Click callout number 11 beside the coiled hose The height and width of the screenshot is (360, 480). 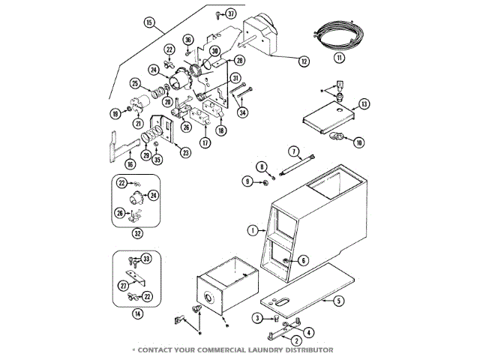[x=339, y=58]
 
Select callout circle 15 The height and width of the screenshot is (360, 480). [x=149, y=23]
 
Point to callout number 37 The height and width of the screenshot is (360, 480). [x=231, y=14]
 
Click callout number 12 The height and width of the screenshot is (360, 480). [x=304, y=61]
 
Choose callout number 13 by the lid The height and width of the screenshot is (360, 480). [x=364, y=103]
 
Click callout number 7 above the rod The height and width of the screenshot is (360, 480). [x=294, y=151]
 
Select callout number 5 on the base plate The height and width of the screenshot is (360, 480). [x=338, y=301]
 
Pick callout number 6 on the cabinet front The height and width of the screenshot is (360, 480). [x=304, y=260]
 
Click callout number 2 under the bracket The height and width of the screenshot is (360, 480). [x=276, y=340]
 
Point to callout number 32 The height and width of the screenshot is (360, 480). [x=138, y=232]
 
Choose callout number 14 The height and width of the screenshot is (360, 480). [x=137, y=313]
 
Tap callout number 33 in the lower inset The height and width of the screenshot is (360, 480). [x=146, y=259]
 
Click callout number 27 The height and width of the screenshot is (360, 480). [x=124, y=286]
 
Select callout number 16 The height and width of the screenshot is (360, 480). [x=130, y=163]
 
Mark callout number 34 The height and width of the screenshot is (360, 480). [x=242, y=112]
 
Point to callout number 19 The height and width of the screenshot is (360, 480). [x=116, y=113]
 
